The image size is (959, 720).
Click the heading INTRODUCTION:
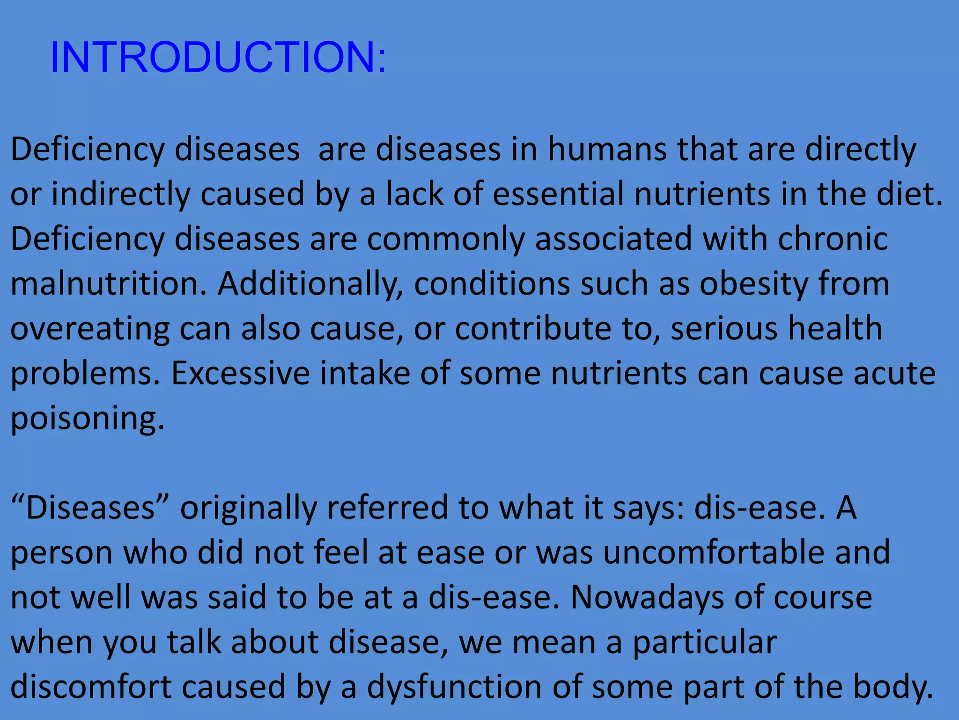[x=218, y=57]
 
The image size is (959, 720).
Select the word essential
[x=558, y=194]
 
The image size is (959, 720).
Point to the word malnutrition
[x=108, y=284]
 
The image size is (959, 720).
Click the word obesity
[x=753, y=285]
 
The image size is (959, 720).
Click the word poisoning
[x=87, y=419]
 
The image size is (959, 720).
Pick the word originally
[x=249, y=509]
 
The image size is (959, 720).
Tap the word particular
[x=705, y=643]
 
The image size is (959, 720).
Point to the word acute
[x=894, y=374]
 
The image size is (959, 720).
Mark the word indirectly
[x=120, y=194]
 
